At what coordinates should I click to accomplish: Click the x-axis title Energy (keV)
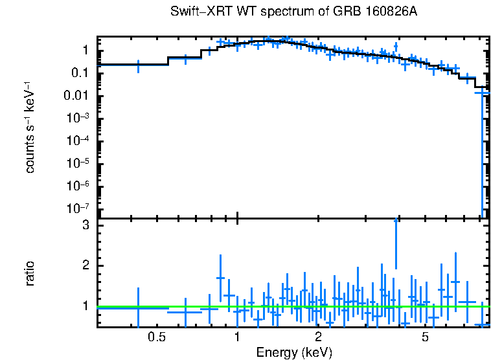click(294, 352)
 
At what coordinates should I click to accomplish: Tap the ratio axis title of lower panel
click(30, 273)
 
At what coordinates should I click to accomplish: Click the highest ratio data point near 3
click(396, 220)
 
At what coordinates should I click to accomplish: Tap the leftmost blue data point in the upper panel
click(138, 65)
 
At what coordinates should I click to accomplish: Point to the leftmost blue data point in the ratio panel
click(138, 308)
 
